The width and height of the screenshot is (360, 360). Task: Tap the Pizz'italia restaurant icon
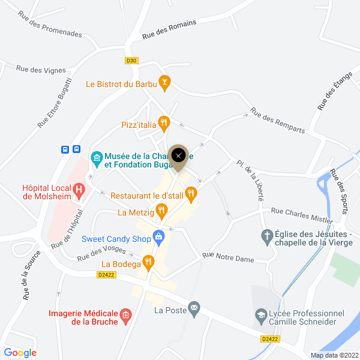coord(164,124)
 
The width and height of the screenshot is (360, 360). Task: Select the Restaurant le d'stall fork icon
coord(191,193)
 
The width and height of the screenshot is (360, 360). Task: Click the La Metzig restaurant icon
coord(161,211)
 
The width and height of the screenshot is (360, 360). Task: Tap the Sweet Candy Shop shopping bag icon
coord(158,236)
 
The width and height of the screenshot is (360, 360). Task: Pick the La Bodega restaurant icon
coord(148,262)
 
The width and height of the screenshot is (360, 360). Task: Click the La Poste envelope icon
coord(194,308)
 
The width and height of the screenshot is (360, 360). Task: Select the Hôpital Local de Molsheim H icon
coord(79,191)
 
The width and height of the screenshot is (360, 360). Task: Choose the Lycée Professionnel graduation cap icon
coord(261,314)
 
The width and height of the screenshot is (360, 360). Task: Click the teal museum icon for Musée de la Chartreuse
coord(96,158)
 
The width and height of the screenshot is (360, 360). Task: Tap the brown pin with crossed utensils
coord(178,156)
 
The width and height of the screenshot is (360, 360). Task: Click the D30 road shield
coord(132,60)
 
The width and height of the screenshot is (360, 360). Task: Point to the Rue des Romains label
coord(169,29)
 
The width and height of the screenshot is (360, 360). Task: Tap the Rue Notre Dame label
coord(228,257)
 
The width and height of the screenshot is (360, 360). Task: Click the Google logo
coord(20,353)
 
